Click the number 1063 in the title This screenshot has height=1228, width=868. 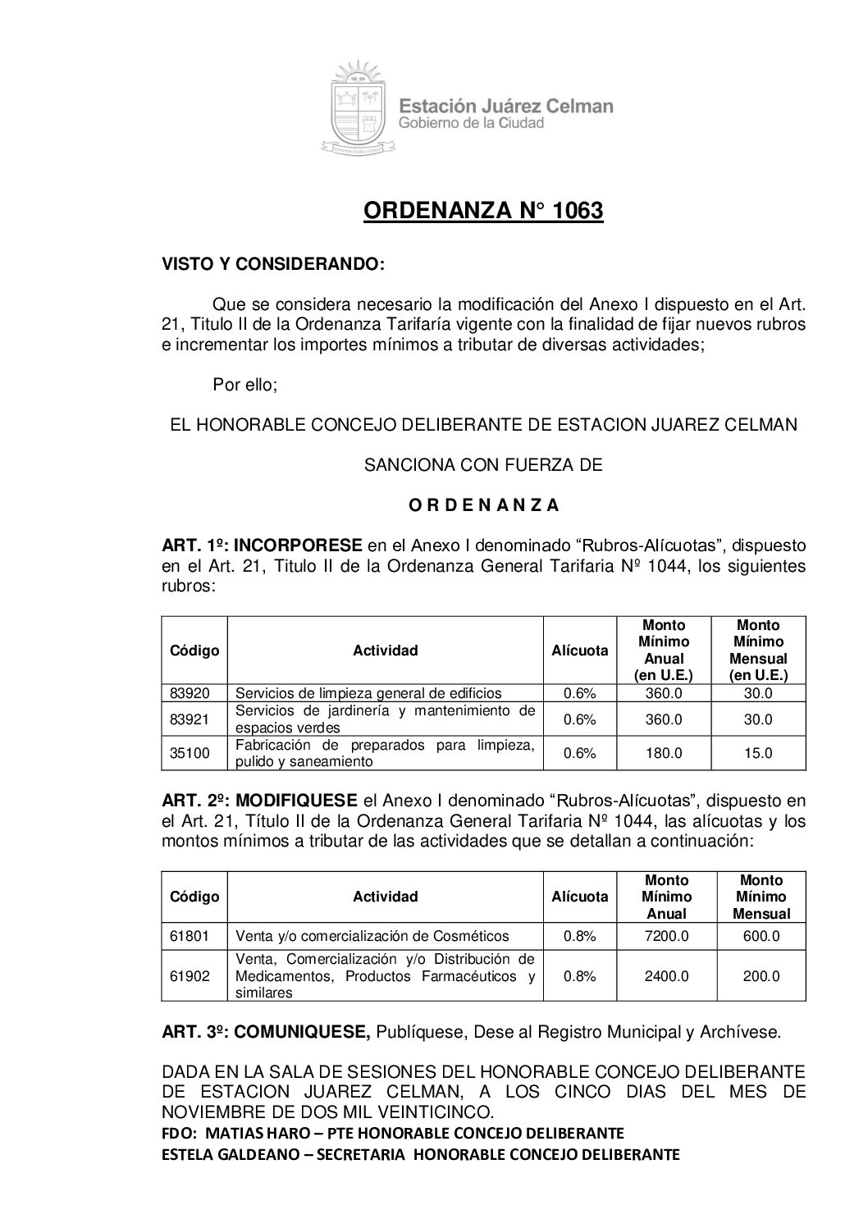578,211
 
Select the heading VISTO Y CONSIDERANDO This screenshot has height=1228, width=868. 272,265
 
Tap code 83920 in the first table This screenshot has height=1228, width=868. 190,693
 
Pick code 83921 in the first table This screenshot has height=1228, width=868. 190,719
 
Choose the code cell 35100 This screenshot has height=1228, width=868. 190,753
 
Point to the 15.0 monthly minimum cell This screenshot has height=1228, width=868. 757,753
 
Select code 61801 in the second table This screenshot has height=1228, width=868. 190,936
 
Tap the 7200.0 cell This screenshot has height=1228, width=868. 666,936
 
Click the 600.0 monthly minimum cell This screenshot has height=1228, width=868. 761,936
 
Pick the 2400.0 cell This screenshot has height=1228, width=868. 666,976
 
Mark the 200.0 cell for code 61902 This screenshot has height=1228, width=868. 761,976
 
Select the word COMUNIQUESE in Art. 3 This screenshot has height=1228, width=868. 302,1032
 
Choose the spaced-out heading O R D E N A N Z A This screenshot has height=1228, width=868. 483,505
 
